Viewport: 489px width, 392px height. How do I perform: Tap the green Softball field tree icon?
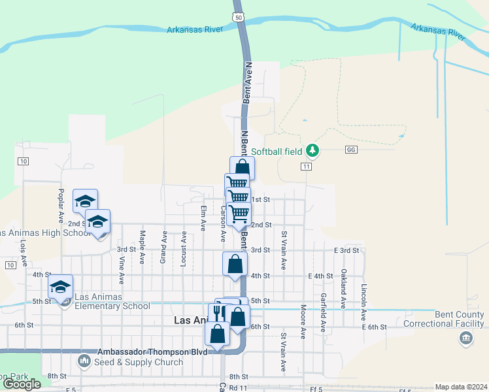(313, 151)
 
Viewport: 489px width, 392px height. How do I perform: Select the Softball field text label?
(277, 152)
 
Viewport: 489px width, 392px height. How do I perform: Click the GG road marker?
(351, 150)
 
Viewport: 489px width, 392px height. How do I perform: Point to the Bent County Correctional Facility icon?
(465, 338)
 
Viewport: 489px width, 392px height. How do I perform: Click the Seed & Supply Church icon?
(84, 360)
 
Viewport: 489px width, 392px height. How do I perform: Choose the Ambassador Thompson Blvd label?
(152, 351)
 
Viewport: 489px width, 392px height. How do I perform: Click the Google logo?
(22, 384)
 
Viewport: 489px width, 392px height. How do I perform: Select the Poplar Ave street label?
(60, 204)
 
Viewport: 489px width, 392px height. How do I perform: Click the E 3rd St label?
(346, 250)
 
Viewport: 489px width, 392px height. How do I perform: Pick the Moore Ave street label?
(303, 321)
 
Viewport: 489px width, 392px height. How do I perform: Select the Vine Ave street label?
(122, 269)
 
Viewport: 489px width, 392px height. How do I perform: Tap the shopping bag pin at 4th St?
(235, 265)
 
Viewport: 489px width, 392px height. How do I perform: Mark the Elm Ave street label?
(203, 218)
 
